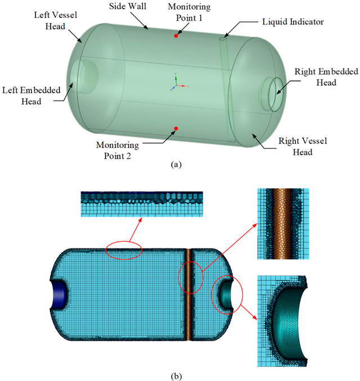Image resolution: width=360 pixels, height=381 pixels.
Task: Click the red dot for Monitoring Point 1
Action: point(176,36)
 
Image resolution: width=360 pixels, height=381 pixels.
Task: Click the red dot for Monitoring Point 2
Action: point(177,128)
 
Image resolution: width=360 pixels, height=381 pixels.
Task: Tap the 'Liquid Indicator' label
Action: point(293,22)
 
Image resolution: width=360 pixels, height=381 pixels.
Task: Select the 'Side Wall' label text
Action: point(128,6)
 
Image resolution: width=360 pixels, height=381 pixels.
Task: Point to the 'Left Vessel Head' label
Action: point(56,20)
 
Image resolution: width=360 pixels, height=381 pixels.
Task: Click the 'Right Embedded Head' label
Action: point(326,77)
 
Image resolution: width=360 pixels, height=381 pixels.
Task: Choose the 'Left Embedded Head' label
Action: point(31,96)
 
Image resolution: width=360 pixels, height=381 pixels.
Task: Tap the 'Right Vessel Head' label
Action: point(303,146)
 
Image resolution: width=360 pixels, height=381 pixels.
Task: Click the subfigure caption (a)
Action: point(176,165)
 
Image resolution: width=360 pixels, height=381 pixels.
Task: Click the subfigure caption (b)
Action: point(176,377)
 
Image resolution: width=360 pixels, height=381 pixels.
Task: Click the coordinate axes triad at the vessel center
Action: point(178,83)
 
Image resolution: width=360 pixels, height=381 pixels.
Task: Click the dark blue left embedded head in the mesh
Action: point(60,294)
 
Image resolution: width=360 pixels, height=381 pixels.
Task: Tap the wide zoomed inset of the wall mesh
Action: point(142,204)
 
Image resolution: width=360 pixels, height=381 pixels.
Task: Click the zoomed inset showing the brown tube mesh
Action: point(283,224)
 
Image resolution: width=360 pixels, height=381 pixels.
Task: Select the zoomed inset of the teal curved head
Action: point(282,321)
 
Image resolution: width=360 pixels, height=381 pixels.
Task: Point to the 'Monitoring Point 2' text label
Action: point(118,151)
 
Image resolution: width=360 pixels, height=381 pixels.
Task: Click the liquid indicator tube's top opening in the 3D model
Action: point(223,39)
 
